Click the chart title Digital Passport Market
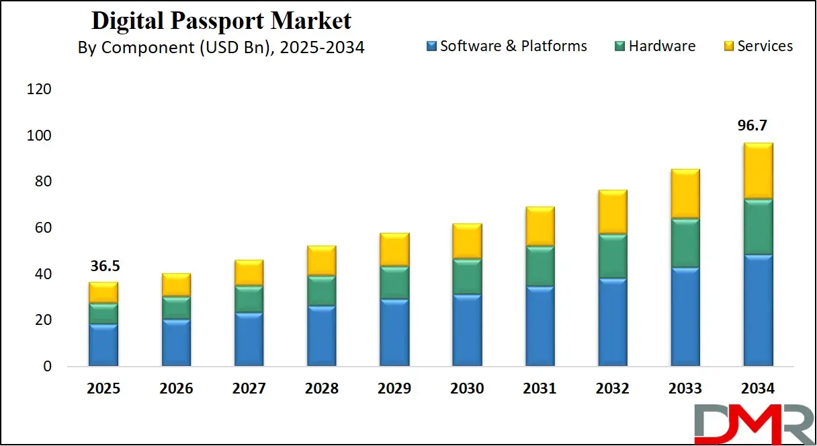[221, 21]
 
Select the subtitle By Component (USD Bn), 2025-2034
[221, 48]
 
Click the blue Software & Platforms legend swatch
[432, 46]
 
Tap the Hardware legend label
[662, 46]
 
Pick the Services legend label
[765, 46]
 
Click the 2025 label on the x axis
[103, 389]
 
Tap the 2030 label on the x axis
[467, 389]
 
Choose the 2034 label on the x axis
[757, 389]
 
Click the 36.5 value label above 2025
[103, 267]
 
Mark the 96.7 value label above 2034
[757, 126]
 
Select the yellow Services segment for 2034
[758, 171]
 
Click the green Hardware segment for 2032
[612, 256]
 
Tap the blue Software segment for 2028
[321, 336]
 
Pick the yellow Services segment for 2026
[176, 285]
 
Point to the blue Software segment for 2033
[685, 316]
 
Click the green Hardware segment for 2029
[394, 283]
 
